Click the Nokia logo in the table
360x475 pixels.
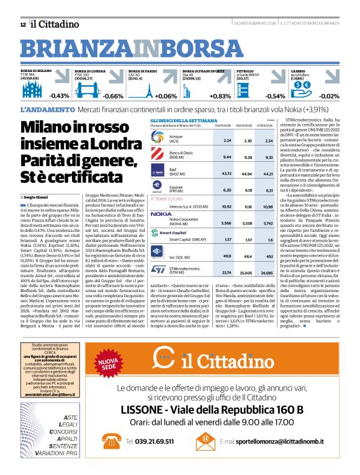tap(160, 213)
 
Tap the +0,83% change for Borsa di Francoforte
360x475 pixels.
tap(220, 96)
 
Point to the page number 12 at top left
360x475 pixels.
tap(23, 24)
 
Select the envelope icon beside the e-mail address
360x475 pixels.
tap(205, 441)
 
